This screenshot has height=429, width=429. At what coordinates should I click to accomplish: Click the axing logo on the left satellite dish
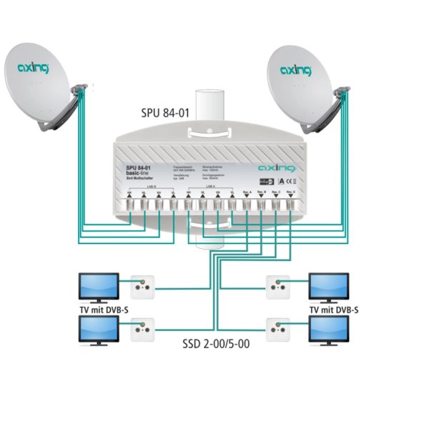(34, 69)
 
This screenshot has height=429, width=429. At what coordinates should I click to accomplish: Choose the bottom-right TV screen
(330, 329)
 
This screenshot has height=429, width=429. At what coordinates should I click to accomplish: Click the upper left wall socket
(140, 288)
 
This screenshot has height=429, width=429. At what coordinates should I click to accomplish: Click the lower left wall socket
(140, 331)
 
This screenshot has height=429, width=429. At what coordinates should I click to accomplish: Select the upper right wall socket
(277, 288)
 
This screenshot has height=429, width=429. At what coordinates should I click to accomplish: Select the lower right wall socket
(277, 331)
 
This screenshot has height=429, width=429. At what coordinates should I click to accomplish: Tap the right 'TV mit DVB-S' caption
(333, 310)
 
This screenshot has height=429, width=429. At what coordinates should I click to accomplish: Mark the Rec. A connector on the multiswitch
(247, 206)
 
